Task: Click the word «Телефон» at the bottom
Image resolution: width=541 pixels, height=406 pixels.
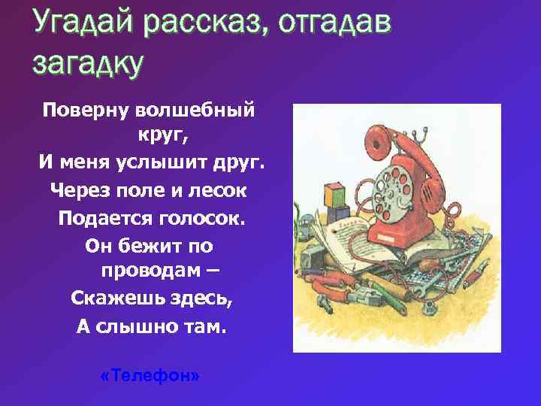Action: coord(150,375)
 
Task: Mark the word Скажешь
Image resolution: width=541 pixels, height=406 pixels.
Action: coord(114,298)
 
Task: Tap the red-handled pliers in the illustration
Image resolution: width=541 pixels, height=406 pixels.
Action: coord(338,286)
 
